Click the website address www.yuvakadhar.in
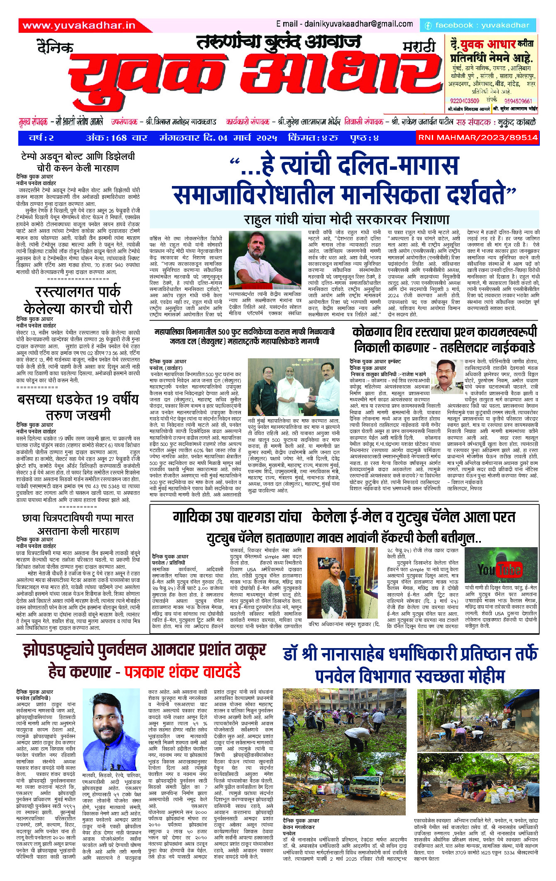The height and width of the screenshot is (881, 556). [79, 26]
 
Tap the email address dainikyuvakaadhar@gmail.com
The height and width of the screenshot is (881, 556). [344, 24]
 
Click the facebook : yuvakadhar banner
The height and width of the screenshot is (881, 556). [478, 25]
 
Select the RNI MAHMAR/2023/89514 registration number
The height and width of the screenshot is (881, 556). [478, 137]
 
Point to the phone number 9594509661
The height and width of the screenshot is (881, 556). [518, 101]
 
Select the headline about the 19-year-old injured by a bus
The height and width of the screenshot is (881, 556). [78, 407]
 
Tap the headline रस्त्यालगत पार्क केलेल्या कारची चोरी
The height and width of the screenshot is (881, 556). [78, 300]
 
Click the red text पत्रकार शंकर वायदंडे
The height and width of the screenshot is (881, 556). [183, 671]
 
